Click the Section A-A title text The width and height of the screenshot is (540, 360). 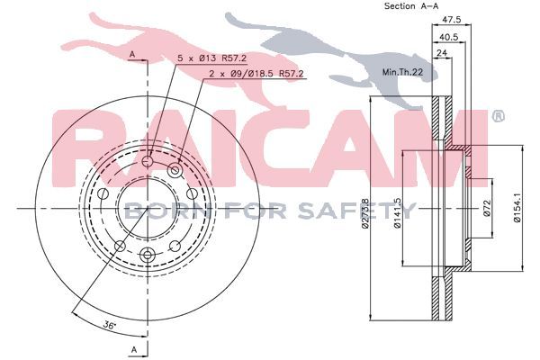pyautogui.click(x=411, y=6)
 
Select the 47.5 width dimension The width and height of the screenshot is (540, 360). pyautogui.click(x=451, y=20)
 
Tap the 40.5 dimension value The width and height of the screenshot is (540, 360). pyautogui.click(x=449, y=37)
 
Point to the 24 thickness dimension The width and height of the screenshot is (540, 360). pyautogui.click(x=442, y=53)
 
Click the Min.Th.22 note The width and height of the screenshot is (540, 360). pyautogui.click(x=402, y=72)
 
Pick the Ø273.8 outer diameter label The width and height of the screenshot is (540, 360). pyautogui.click(x=364, y=213)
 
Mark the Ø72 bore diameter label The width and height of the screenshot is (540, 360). pyautogui.click(x=486, y=208)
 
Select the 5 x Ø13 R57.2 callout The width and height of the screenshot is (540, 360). pyautogui.click(x=211, y=58)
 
